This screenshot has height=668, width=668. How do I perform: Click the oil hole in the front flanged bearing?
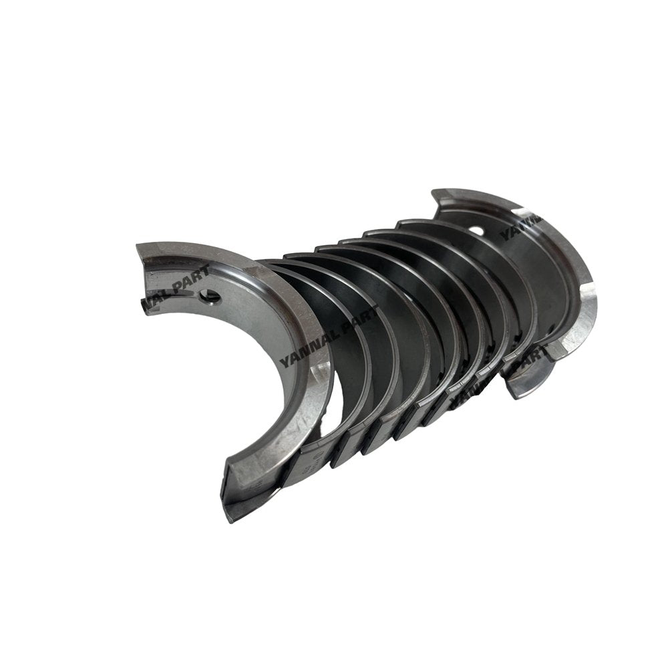[212, 295]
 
